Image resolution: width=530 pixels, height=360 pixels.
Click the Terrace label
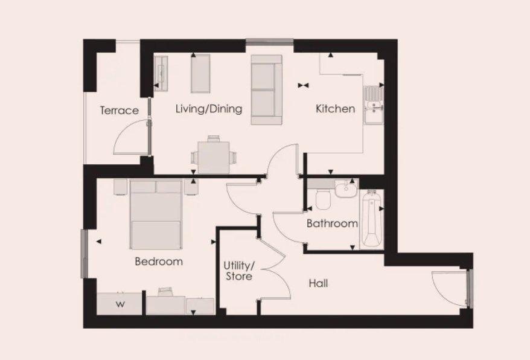[120, 111]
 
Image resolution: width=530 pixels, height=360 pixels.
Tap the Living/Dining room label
[209, 109]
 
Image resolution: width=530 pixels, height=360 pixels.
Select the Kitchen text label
[335, 109]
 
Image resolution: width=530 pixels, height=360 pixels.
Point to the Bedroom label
[159, 262]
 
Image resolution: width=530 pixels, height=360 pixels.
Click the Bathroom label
[332, 223]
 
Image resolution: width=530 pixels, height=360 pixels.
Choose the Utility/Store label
[239, 271]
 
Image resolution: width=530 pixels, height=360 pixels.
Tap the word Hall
[318, 283]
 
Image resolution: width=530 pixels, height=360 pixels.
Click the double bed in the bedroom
[156, 214]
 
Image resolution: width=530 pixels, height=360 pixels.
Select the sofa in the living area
[266, 90]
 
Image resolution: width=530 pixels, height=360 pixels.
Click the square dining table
[214, 158]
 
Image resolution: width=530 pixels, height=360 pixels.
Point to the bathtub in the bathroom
[371, 219]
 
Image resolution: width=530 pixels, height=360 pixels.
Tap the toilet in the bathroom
[323, 199]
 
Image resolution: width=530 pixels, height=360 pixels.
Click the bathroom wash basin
[346, 188]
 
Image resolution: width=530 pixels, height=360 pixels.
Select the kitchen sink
[373, 106]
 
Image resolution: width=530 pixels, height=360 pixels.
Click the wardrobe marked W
[120, 304]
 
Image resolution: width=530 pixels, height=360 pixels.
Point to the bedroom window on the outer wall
[84, 254]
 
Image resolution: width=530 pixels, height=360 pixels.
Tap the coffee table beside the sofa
[200, 74]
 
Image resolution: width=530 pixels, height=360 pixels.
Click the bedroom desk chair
[165, 292]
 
